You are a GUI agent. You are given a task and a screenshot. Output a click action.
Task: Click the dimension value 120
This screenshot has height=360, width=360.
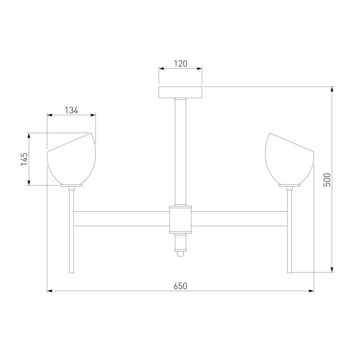180,64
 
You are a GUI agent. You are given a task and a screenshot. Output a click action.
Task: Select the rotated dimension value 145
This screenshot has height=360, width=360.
24,159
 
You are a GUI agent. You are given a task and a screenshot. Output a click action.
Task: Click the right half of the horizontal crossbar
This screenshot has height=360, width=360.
239,219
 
